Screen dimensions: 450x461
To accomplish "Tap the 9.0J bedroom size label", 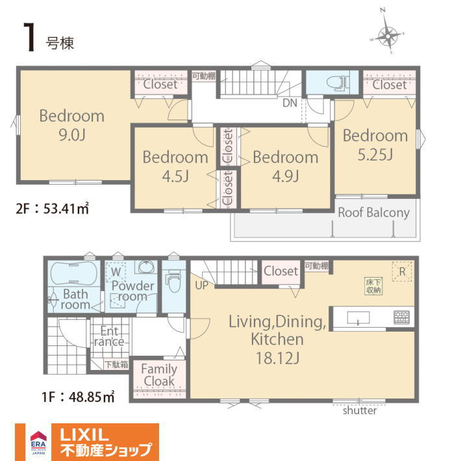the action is (x=72, y=135).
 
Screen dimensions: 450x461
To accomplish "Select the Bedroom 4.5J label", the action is (x=175, y=166).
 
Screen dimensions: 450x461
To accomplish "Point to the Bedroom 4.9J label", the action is (x=285, y=166).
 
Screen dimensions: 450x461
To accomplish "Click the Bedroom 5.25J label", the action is (x=375, y=144).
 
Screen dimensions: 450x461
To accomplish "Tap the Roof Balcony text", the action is (x=373, y=213).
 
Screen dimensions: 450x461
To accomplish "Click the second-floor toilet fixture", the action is (x=338, y=83).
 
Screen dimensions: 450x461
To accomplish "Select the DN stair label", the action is (x=290, y=103).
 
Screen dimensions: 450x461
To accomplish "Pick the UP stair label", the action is (x=202, y=285).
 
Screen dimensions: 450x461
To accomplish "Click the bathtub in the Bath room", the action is (x=74, y=273).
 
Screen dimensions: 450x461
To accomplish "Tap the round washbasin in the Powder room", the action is (x=145, y=267).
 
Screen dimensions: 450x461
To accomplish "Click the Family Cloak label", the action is (x=159, y=375).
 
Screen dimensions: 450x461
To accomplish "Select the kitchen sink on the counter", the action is (x=358, y=317).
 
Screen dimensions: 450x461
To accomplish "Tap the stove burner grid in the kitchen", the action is (x=401, y=317).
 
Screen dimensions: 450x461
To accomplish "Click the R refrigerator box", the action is (x=402, y=271).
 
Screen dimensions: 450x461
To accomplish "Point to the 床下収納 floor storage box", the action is (x=373, y=286).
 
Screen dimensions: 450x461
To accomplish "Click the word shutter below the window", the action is (x=360, y=410).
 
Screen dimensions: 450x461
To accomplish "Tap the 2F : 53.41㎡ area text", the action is (x=52, y=209).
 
